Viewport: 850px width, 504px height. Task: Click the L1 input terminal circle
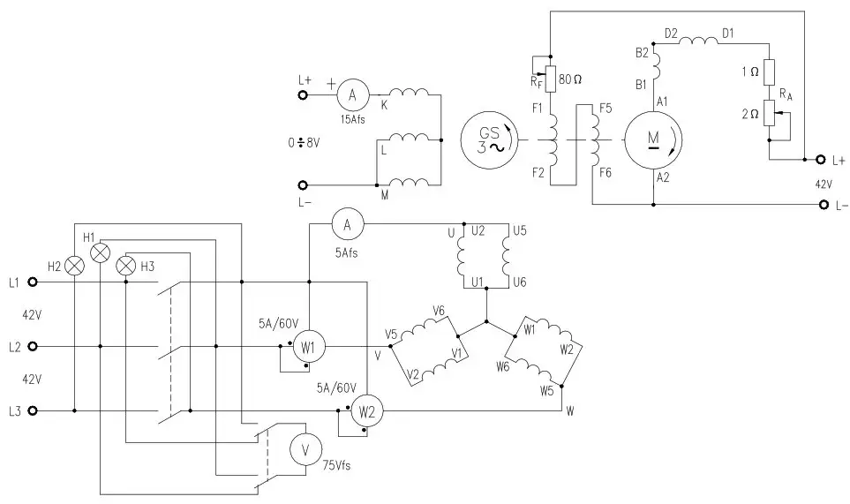point(33,282)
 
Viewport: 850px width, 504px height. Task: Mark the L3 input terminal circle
point(33,410)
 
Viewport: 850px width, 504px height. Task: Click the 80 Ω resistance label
point(570,79)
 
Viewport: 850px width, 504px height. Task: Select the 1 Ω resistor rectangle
point(769,72)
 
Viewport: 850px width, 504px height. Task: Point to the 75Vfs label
point(336,465)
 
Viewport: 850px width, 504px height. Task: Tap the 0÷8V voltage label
point(305,143)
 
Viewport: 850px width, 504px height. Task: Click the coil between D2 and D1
point(698,40)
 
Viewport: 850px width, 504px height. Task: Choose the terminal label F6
point(606,173)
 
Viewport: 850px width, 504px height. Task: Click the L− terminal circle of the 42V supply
point(824,205)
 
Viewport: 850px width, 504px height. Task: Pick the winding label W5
point(546,390)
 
